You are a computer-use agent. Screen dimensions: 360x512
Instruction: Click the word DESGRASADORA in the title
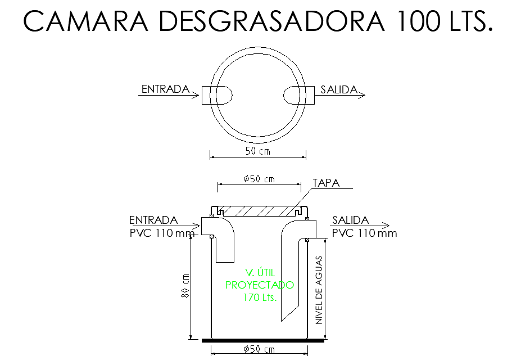click(272, 21)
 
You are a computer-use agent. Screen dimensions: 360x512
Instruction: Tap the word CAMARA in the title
click(85, 21)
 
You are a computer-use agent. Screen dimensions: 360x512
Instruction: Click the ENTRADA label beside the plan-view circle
click(165, 89)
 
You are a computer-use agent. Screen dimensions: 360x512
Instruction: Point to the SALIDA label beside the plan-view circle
click(339, 89)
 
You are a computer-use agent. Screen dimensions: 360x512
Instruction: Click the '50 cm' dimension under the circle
click(258, 151)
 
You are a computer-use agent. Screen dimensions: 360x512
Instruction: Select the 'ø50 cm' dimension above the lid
click(259, 179)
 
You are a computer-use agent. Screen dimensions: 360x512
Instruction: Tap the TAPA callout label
click(325, 183)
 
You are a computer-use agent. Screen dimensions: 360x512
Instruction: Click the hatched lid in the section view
click(259, 211)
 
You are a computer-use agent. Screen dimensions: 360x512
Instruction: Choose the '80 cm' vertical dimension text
click(186, 285)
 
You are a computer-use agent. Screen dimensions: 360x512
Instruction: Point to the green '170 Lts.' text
click(260, 298)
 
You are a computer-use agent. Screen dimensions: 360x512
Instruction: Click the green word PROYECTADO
click(260, 285)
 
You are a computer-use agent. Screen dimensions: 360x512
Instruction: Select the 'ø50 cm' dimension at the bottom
click(259, 350)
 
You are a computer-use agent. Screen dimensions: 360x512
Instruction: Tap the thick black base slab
click(262, 340)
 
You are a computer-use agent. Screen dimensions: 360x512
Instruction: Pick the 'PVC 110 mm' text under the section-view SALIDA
click(364, 233)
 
